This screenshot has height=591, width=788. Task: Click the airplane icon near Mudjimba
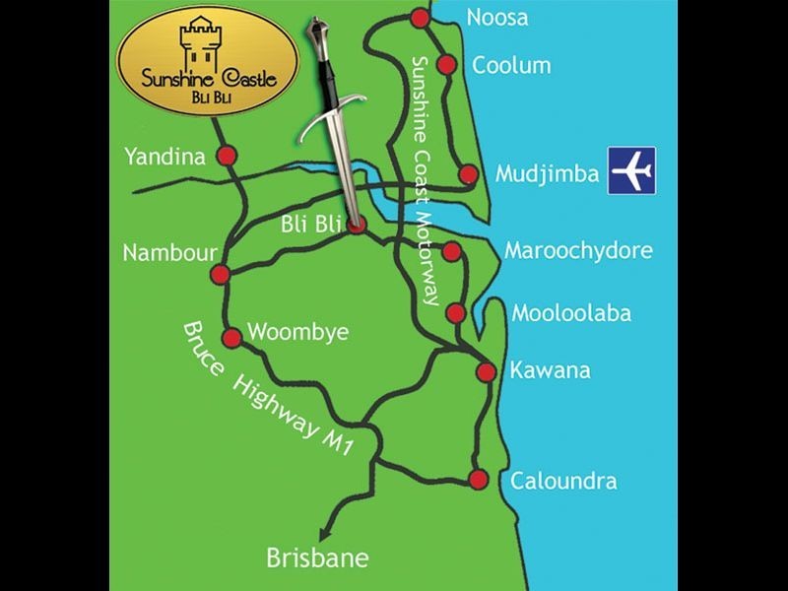click(631, 170)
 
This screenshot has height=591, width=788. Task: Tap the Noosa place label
click(497, 18)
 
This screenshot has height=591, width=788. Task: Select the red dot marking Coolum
click(446, 65)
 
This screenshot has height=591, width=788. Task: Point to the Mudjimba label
click(547, 174)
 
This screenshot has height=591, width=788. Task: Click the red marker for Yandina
click(228, 156)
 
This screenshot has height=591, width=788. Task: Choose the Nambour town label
click(169, 253)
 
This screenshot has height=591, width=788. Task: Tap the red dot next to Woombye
click(232, 338)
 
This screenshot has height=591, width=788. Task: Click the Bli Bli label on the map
click(310, 225)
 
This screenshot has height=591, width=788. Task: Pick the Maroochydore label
click(578, 250)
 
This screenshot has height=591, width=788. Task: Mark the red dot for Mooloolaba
click(455, 313)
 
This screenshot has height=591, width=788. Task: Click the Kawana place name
click(550, 371)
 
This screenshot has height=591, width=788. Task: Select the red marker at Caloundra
click(479, 480)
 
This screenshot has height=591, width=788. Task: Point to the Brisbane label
click(317, 558)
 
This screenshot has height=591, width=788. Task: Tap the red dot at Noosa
click(421, 18)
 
